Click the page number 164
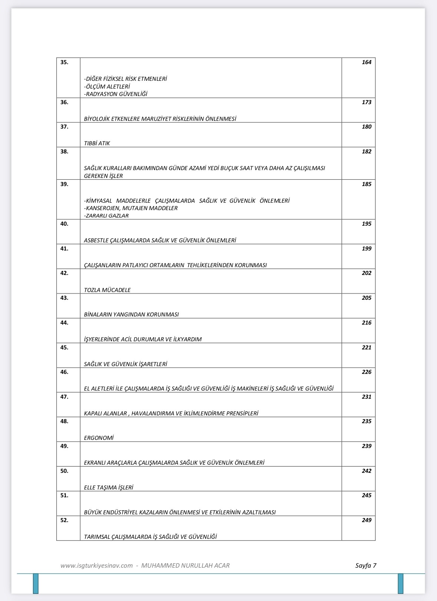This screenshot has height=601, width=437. (366, 62)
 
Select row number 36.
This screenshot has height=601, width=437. (64, 102)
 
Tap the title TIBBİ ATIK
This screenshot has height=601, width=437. (97, 143)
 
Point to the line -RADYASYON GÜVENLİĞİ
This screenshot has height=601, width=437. (116, 94)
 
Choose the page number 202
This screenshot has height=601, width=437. (366, 273)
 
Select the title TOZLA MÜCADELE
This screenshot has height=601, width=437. (107, 290)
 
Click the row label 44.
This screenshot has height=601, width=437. (64, 323)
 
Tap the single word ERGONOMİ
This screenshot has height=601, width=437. (99, 438)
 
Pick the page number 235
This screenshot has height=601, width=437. (366, 421)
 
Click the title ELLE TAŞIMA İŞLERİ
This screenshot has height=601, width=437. (108, 488)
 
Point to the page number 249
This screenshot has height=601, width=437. (366, 520)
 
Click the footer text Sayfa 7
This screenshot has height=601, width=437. (365, 565)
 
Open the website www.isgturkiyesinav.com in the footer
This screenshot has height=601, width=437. (96, 565)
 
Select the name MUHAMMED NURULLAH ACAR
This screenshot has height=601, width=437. (185, 565)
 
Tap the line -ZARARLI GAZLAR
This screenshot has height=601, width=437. (106, 216)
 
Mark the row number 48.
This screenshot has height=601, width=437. (64, 421)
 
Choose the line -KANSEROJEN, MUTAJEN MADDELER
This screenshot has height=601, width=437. (131, 208)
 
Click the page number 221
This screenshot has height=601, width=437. (366, 348)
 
